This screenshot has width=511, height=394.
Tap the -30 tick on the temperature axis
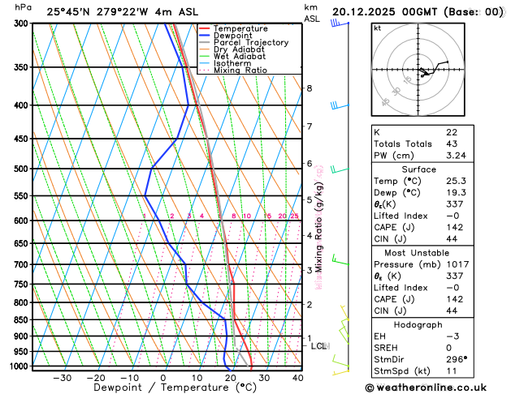(63, 377)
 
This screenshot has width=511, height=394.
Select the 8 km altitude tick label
(309, 88)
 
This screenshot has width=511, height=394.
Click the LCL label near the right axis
(319, 346)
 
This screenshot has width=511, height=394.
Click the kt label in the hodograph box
(377, 28)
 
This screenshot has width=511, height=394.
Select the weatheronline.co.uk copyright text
(434, 387)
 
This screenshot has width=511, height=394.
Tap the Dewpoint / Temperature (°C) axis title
(163, 388)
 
